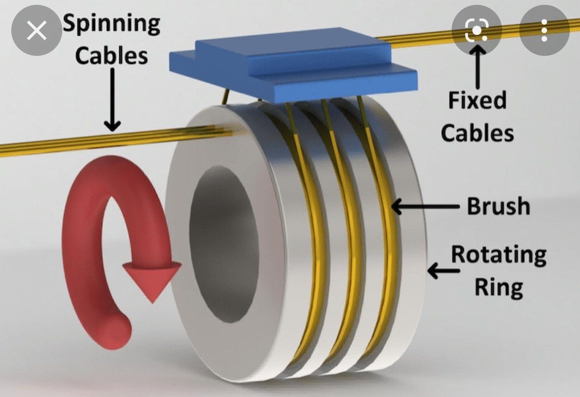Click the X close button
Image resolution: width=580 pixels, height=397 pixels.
tap(37, 30)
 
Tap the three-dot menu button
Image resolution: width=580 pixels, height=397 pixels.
tap(543, 30)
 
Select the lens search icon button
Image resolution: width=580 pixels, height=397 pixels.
tap(476, 30)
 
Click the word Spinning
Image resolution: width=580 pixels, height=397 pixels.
tap(111, 25)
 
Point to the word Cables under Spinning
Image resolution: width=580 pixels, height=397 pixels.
tap(111, 55)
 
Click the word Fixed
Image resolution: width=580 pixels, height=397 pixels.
tap(477, 100)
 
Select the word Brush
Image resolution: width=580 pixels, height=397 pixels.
tap(498, 206)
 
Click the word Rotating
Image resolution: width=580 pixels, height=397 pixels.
tap(498, 255)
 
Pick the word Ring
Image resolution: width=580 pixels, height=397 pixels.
tap(498, 287)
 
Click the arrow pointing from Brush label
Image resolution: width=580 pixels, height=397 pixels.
tap(425, 206)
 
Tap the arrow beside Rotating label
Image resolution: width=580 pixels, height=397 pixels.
tap(444, 270)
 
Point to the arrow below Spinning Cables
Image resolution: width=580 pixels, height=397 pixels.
tap(112, 99)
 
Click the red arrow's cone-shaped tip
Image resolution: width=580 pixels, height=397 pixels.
tap(152, 281)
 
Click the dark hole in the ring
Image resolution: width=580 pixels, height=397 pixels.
tap(224, 244)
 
